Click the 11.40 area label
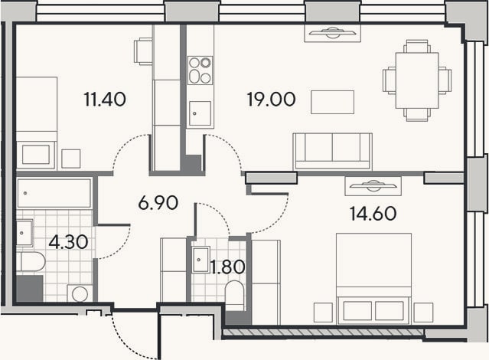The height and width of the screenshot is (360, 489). pos(105,100)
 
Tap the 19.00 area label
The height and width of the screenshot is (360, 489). pos(271,100)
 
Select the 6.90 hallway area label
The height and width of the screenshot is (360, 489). pos(158,203)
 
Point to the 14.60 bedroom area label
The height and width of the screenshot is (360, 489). pos(373,214)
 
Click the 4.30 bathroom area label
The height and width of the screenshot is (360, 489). pos(68,242)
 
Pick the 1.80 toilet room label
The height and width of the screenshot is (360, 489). pos(227,267)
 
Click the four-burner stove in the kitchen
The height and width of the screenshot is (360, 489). pos(200,70)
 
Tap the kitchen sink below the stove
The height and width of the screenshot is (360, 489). pos(200,113)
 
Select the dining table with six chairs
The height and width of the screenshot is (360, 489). pos(417,80)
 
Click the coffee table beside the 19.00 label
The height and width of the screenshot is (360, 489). pos(332,102)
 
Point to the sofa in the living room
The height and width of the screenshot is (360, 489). pos(332,152)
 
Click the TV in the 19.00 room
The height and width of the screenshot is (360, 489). pos(332,33)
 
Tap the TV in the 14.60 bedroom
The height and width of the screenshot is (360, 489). pos(373,186)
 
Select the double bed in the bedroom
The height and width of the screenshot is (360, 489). pos(373,279)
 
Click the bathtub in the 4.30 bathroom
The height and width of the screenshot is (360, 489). pos(54,193)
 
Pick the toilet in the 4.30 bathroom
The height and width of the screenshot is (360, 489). pos(31,262)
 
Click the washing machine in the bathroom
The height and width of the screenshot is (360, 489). pos(80,293)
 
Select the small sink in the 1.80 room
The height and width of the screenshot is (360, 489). pos(200,260)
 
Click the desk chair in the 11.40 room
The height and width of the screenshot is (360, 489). pos(143,51)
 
